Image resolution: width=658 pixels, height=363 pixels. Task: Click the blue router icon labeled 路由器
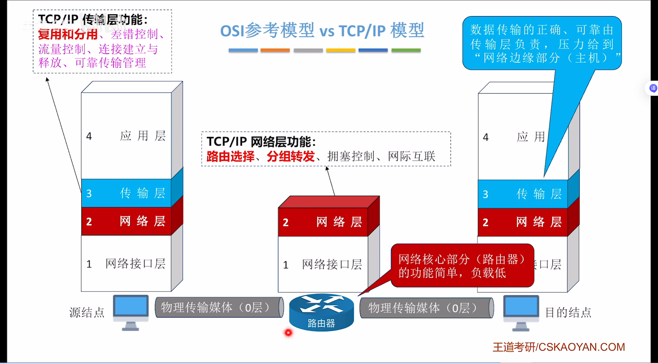[x=321, y=312]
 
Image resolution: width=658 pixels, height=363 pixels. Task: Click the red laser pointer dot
[x=288, y=333]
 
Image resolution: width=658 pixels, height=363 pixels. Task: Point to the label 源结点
[x=87, y=312]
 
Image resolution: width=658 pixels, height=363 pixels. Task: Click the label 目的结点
[x=568, y=312]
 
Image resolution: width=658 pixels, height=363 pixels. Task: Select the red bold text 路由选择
[x=230, y=156]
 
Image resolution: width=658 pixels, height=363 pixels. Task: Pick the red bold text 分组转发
[x=291, y=156]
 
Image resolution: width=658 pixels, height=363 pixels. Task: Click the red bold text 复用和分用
[x=68, y=34]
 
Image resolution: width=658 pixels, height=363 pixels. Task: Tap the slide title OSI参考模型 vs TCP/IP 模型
[x=322, y=31]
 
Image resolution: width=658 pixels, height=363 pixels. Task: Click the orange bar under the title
[x=275, y=50]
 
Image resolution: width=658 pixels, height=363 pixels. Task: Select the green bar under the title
[x=406, y=50]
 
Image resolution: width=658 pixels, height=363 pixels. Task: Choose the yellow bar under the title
[x=341, y=50]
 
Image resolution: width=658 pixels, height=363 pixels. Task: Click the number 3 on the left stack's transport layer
[x=89, y=193]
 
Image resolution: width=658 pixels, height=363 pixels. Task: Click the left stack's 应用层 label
[x=143, y=136]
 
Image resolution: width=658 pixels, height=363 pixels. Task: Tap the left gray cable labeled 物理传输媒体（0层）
[x=219, y=307]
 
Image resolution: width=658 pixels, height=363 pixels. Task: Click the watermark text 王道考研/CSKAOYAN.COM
[x=559, y=347]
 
